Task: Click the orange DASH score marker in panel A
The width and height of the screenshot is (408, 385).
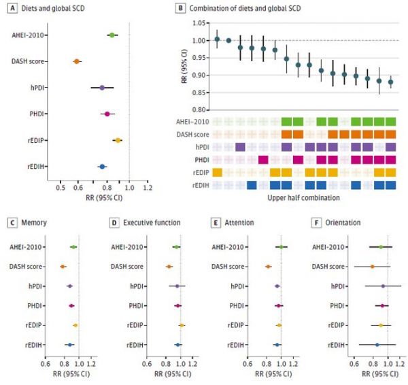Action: pos(77,61)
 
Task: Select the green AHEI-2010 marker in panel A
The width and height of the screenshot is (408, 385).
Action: pos(112,34)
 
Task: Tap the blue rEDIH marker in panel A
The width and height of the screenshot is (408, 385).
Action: pos(102,166)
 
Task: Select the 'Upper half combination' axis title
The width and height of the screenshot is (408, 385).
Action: pos(303,197)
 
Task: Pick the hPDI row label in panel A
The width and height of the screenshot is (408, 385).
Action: pos(38,88)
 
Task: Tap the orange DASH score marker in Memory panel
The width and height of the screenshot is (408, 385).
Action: pos(63,266)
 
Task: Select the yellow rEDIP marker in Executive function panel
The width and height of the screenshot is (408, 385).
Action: pos(182,325)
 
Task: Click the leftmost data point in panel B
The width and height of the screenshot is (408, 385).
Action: pos(217,39)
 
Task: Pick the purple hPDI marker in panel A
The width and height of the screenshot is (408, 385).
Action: pos(102,88)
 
